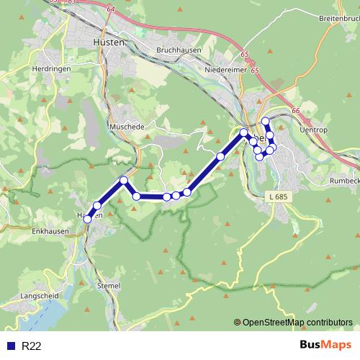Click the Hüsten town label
(x=109, y=42)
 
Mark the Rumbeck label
(x=343, y=181)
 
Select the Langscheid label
(x=20, y=295)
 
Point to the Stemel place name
(x=108, y=286)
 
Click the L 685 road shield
(x=276, y=196)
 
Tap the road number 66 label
(x=295, y=110)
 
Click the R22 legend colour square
(x=11, y=346)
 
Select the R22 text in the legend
(x=32, y=346)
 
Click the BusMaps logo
(x=325, y=346)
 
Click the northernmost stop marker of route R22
(x=266, y=121)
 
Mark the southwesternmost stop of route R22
(x=88, y=218)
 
